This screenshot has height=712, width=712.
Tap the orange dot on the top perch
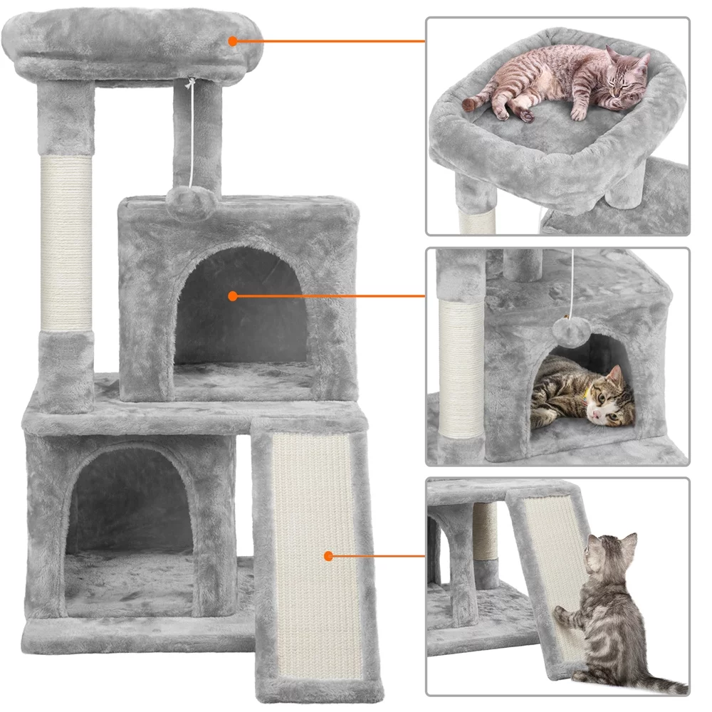[x=233, y=41]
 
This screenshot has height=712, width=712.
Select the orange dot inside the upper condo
[x=233, y=295]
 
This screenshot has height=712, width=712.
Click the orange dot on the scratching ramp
[x=328, y=556]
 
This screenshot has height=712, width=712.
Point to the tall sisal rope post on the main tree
[x=66, y=242]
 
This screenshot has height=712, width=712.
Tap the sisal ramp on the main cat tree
[x=314, y=548]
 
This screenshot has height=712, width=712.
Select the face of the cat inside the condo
[x=612, y=399]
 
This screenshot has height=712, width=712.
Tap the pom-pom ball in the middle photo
[x=566, y=329]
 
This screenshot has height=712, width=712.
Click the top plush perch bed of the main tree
[x=135, y=43]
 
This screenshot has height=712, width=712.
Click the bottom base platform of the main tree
[x=135, y=630]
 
